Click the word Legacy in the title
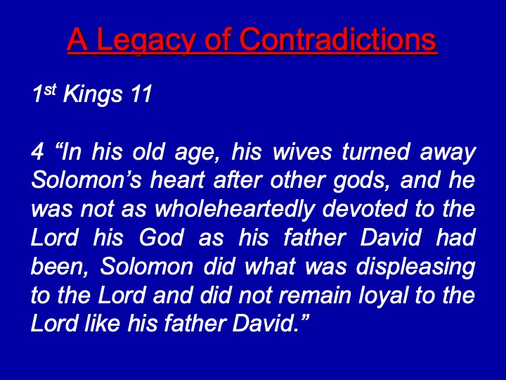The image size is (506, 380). tap(146, 39)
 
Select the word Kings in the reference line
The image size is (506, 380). tap(93, 95)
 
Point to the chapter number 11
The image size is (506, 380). tap(141, 94)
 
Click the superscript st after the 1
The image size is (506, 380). tap(51, 90)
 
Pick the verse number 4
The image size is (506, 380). tap(37, 151)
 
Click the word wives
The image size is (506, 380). tap(302, 151)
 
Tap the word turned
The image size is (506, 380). tap(376, 151)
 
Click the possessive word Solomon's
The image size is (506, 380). tap(86, 180)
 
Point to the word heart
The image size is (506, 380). tap(177, 180)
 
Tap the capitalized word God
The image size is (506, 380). tap(162, 238)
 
